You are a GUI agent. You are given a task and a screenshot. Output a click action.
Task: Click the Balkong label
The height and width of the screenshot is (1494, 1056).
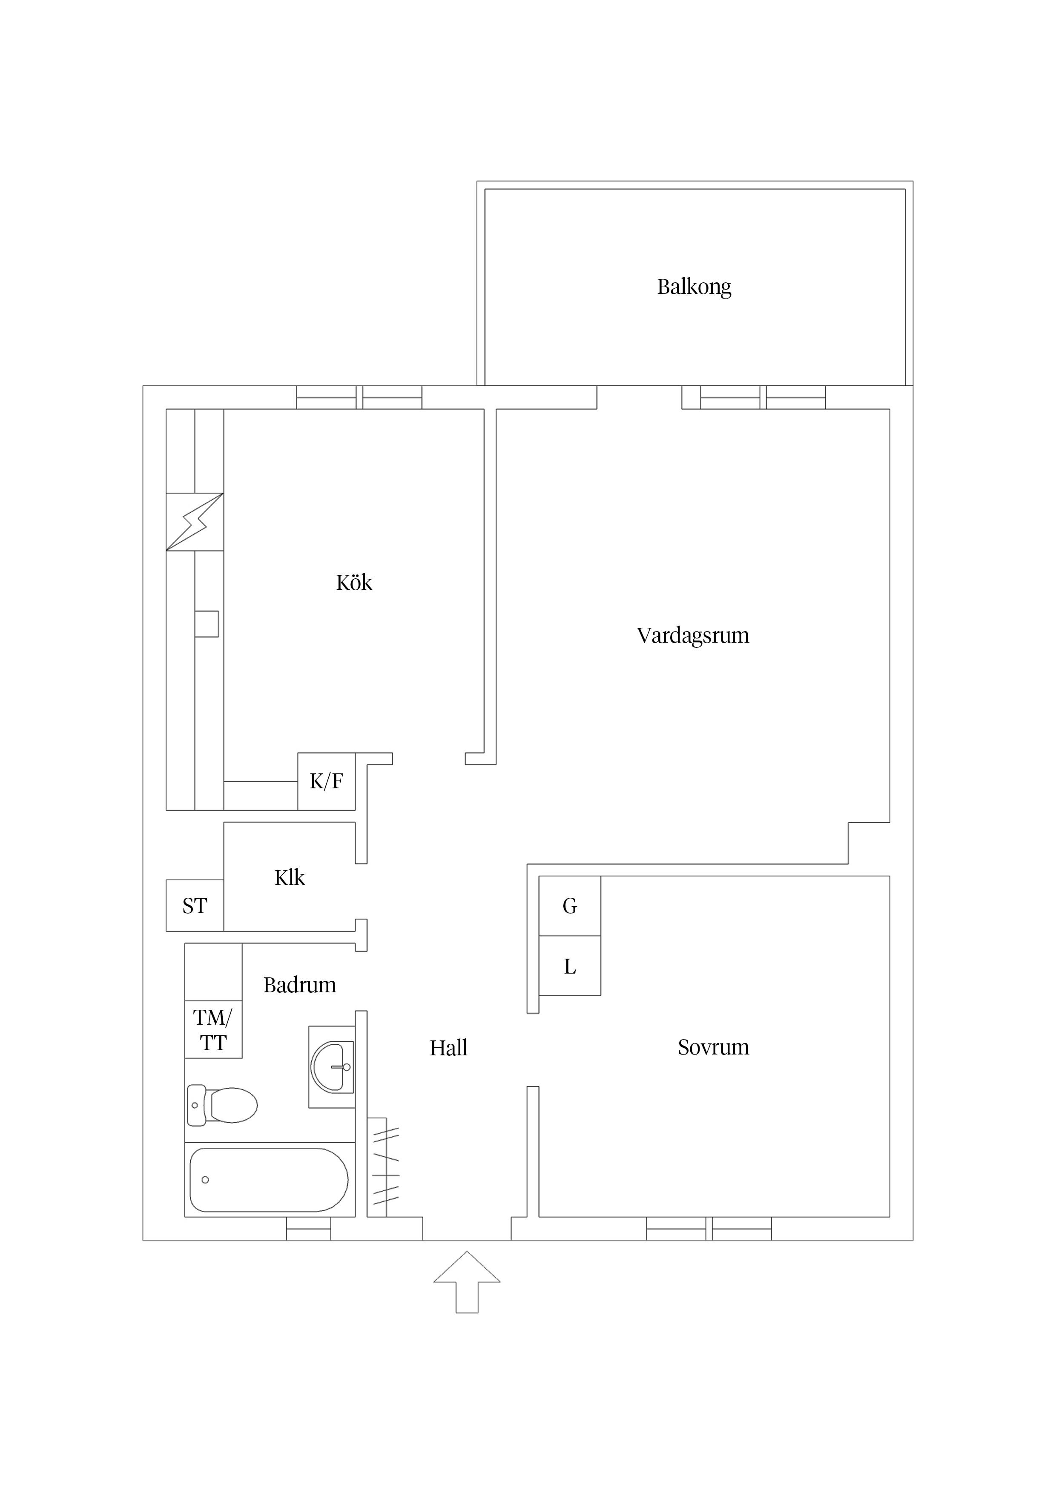coord(694,287)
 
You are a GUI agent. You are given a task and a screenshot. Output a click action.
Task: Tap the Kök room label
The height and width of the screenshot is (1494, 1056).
coord(354,582)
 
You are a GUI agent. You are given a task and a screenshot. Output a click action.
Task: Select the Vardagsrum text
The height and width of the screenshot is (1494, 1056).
coord(693,636)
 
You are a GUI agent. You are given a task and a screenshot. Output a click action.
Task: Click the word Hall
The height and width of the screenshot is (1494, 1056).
coord(448,1048)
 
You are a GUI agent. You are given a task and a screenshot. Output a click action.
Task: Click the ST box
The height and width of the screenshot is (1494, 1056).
coord(195,906)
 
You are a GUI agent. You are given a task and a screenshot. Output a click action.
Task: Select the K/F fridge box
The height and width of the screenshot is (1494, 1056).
coord(327,781)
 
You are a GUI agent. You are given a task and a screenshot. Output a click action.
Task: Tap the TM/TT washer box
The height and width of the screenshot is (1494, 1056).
coord(213,1030)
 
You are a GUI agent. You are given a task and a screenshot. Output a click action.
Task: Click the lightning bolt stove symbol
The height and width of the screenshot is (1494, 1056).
coord(195,522)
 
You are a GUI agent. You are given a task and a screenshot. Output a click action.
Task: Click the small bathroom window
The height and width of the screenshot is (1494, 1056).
coord(308,1229)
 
